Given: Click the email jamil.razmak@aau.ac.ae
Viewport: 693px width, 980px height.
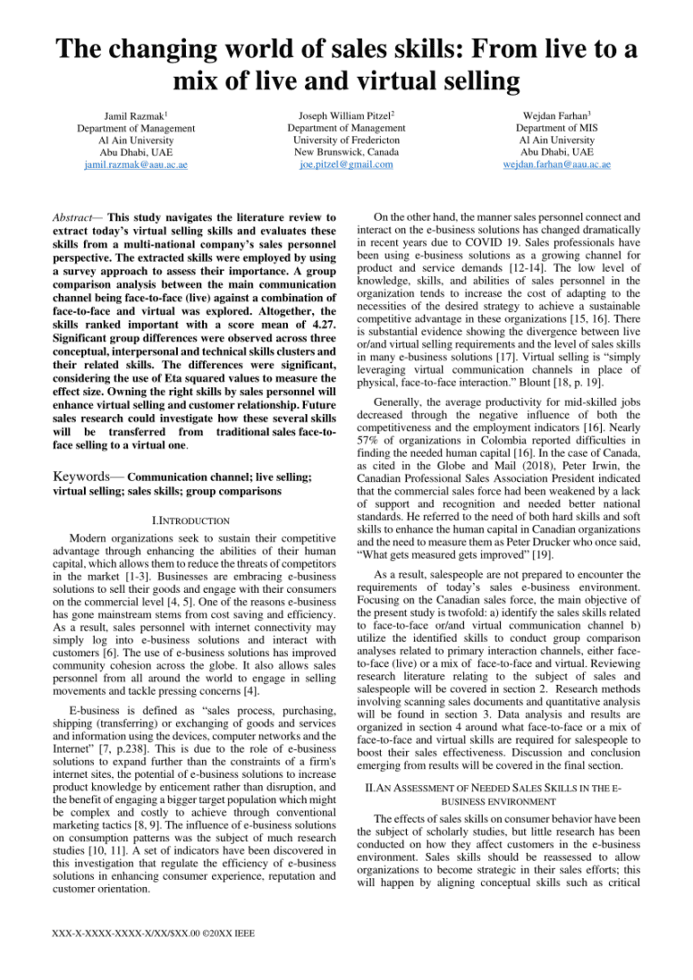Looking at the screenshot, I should click(x=135, y=165).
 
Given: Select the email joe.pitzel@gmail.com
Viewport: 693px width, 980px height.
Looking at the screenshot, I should click(x=346, y=165).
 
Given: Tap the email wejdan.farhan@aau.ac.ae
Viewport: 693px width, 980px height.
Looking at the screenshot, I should click(x=557, y=165).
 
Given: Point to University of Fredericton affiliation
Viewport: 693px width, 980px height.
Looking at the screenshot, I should click(x=346, y=140).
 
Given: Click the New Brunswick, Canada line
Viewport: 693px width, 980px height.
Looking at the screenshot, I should click(x=346, y=153).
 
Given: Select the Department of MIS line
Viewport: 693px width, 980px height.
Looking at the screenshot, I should click(x=557, y=127).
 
